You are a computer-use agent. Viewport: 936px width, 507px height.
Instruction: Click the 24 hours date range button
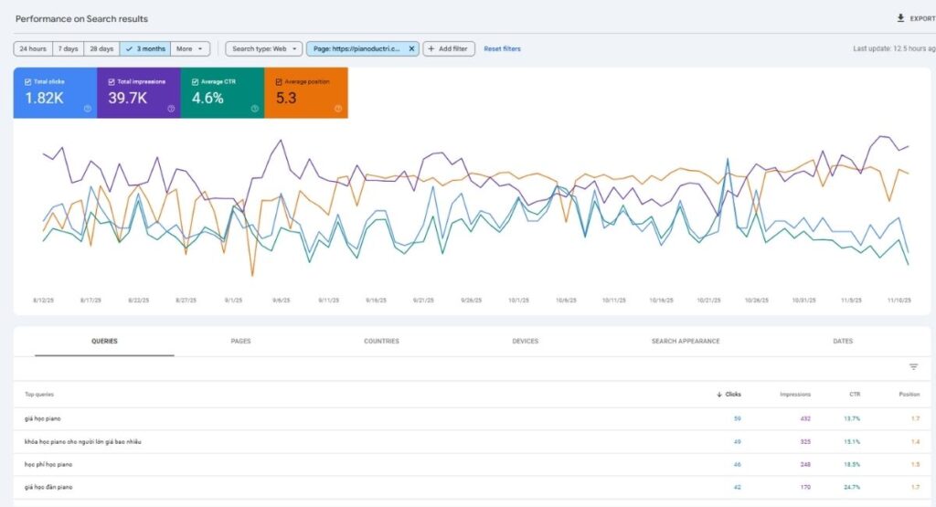[x=32, y=48]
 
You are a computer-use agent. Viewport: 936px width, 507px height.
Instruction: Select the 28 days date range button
[x=101, y=48]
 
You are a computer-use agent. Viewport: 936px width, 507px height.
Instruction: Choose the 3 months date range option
[x=144, y=48]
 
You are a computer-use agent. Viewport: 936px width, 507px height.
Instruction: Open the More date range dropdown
[x=190, y=48]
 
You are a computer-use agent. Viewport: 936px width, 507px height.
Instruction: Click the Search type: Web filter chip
[x=263, y=48]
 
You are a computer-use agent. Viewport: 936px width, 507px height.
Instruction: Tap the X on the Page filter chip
[x=411, y=48]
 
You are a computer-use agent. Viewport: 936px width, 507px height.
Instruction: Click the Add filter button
[x=449, y=48]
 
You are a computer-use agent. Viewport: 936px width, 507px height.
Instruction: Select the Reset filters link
[x=502, y=48]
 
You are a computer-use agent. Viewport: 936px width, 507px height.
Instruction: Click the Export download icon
[x=899, y=18]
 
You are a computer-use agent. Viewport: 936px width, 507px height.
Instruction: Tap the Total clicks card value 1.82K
[x=45, y=98]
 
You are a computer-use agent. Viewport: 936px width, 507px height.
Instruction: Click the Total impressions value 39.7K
[x=128, y=98]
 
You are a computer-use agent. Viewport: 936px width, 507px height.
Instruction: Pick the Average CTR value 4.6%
[x=207, y=98]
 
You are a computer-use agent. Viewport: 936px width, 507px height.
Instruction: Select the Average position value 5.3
[x=286, y=98]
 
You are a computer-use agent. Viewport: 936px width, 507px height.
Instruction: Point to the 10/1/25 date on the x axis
[x=519, y=300]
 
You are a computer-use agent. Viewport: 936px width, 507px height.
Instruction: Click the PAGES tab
[x=240, y=341]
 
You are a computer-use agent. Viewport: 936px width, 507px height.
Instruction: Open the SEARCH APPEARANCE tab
[x=686, y=341]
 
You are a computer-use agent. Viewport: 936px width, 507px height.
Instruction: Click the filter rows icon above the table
[x=913, y=367]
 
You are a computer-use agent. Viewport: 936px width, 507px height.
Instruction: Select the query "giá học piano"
[x=43, y=418]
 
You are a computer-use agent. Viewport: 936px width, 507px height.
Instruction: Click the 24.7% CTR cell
[x=851, y=487]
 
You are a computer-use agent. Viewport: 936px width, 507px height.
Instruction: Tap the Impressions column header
[x=794, y=395]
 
